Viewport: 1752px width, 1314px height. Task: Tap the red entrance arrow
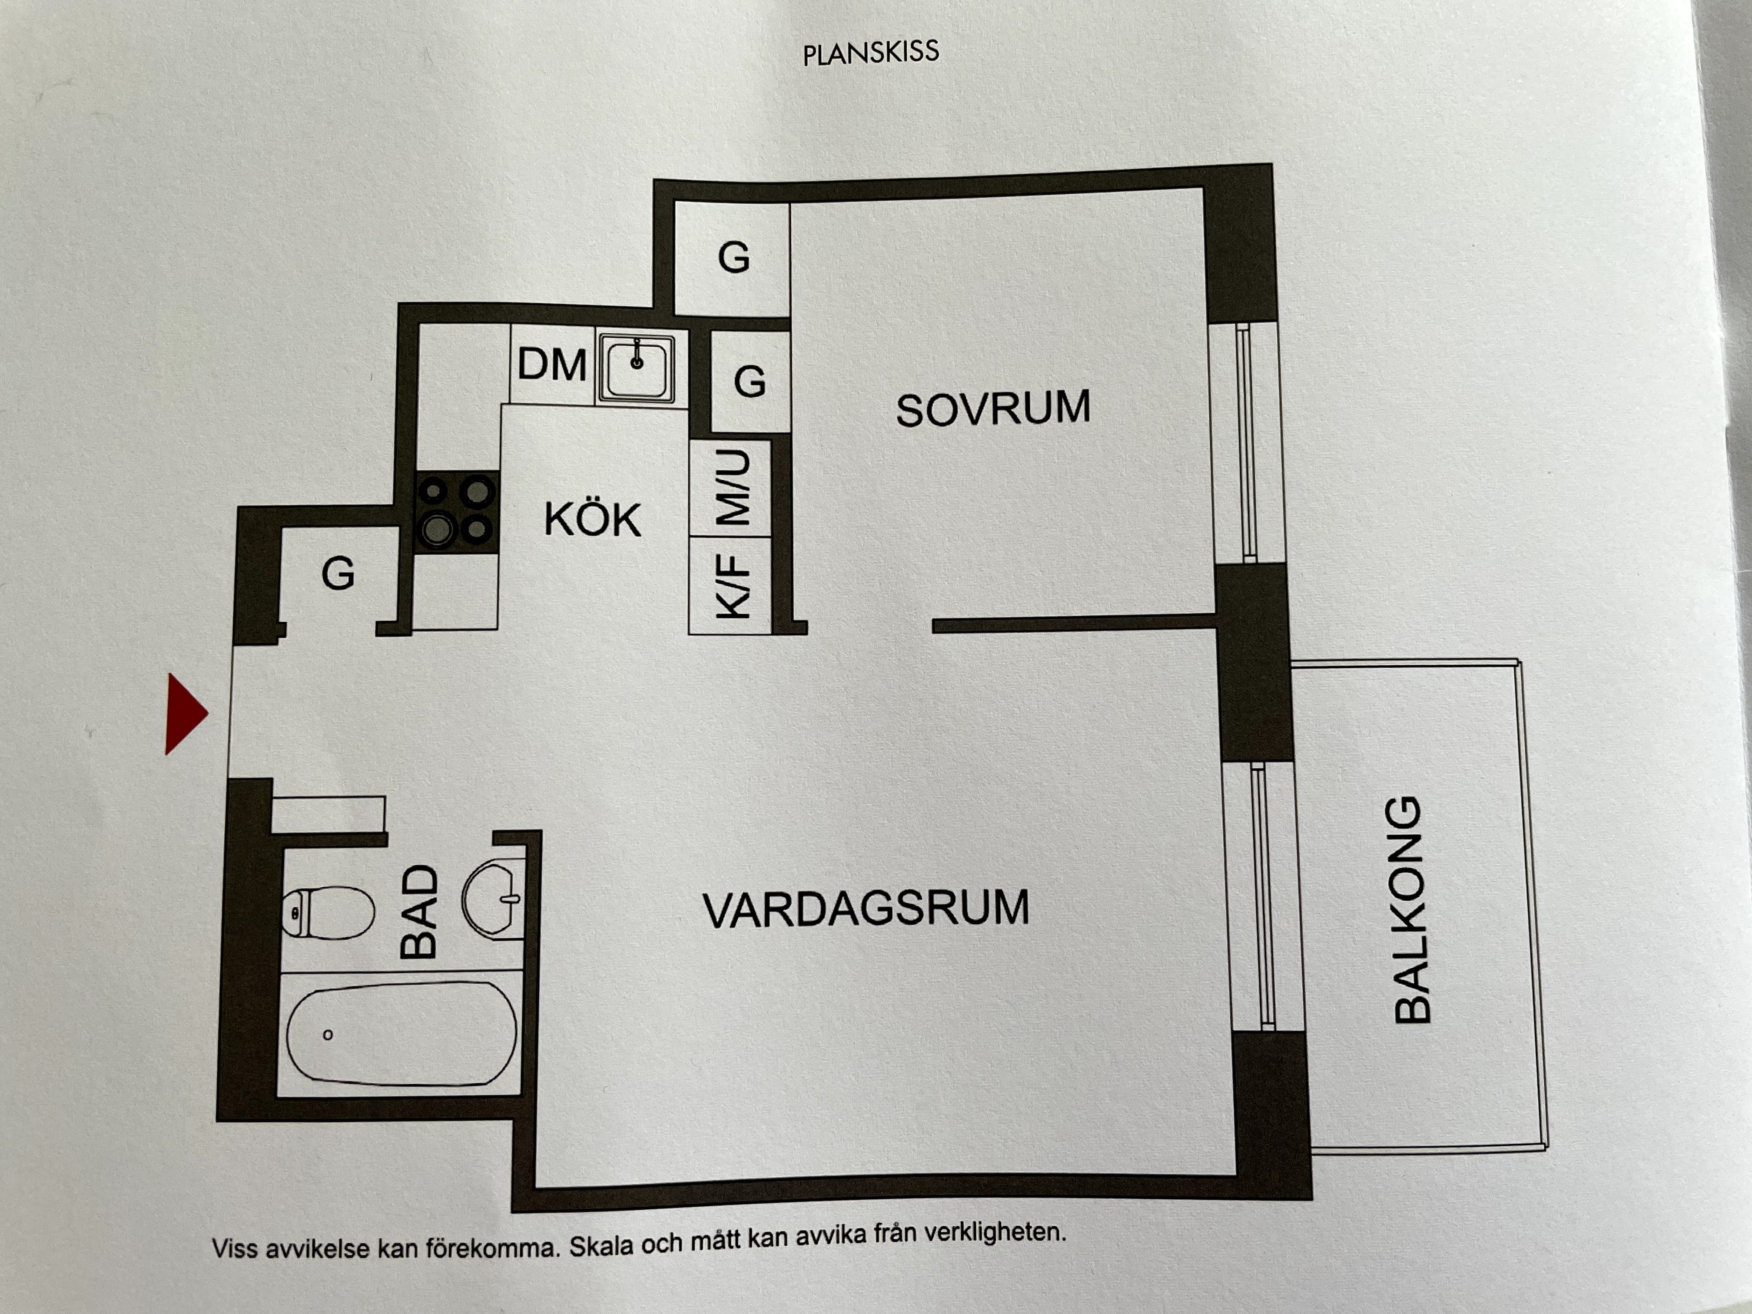(x=186, y=713)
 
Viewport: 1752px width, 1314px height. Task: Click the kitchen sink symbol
(x=637, y=367)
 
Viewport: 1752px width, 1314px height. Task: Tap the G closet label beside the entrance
(x=338, y=574)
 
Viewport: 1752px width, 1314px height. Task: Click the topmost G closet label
(x=733, y=257)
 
